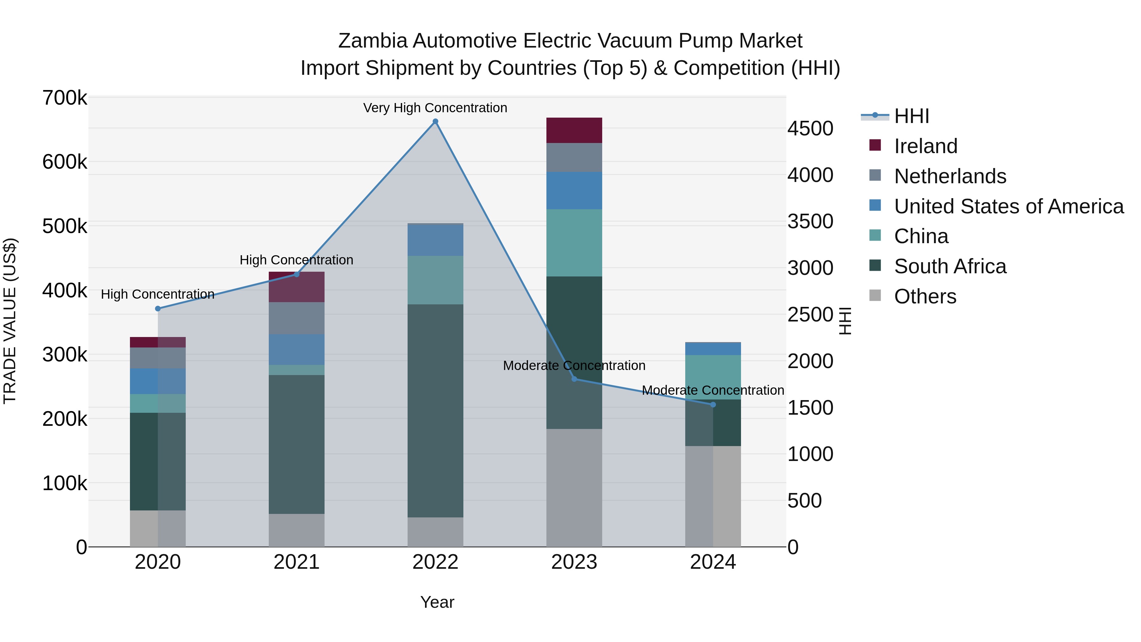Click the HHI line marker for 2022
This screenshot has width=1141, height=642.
point(435,121)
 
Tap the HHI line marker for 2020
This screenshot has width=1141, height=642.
point(158,308)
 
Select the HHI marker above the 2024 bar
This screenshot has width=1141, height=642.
point(713,405)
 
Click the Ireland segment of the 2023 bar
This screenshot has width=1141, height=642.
point(574,130)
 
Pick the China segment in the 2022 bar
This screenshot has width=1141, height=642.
point(435,280)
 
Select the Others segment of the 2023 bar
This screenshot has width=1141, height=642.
point(574,487)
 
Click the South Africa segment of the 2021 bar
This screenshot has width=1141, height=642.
point(296,444)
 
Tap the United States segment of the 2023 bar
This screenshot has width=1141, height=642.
point(574,191)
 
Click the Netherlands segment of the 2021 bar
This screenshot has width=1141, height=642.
point(296,318)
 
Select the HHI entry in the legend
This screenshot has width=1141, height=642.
point(911,116)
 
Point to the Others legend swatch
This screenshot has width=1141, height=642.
point(875,295)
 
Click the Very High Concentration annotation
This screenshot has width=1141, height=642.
point(435,108)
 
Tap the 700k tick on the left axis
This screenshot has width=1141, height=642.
point(65,98)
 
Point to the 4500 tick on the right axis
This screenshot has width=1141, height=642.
point(810,129)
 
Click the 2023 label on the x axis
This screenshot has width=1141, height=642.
point(574,562)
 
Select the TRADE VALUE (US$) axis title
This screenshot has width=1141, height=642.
point(10,321)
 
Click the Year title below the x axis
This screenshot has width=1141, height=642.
point(437,602)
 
